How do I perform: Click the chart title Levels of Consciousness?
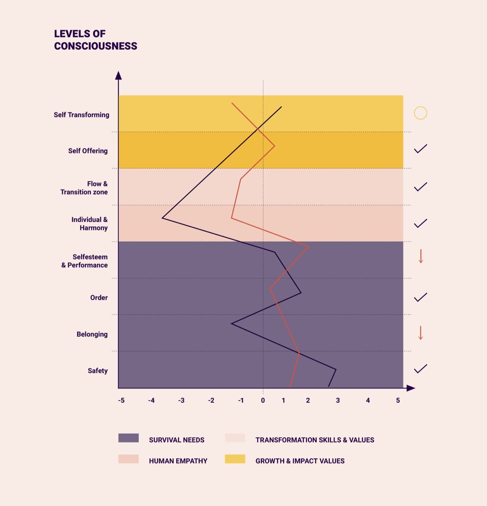(x=95, y=40)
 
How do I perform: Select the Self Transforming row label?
(x=81, y=115)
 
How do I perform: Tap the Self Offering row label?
(x=88, y=151)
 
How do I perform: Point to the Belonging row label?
(x=92, y=334)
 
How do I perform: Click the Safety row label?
(x=98, y=371)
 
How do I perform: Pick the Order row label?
(x=99, y=297)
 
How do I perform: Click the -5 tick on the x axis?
(x=121, y=401)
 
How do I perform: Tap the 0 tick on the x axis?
(x=263, y=401)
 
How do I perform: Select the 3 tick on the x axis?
(x=338, y=401)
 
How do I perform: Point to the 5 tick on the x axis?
(x=398, y=401)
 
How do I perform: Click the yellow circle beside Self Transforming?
(x=420, y=113)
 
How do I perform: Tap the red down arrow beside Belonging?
(x=420, y=333)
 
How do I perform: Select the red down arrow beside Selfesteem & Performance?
(x=421, y=257)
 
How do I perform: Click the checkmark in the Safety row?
(x=420, y=369)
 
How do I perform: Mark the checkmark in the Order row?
(x=420, y=297)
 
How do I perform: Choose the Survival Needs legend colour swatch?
(x=128, y=438)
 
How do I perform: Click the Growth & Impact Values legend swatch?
(x=235, y=459)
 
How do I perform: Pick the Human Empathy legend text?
(x=178, y=461)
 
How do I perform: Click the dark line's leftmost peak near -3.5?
(x=163, y=218)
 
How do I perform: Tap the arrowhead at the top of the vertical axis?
(x=118, y=76)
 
